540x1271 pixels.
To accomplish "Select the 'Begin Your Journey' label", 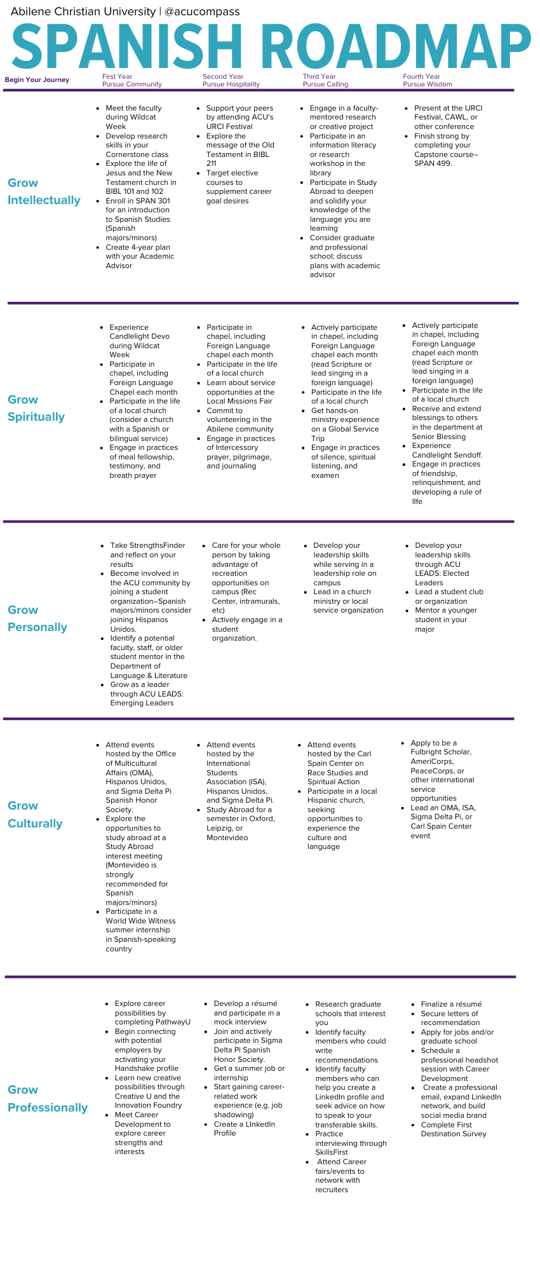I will (37, 79).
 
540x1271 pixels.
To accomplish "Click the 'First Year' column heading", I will (117, 76).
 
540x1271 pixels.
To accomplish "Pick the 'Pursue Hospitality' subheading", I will (231, 84).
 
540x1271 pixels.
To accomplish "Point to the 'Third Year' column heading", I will (319, 76).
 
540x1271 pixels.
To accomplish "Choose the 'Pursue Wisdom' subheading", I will (427, 84).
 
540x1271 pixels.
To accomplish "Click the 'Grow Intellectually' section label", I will (44, 191).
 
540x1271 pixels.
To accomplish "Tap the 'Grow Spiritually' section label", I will (36, 408).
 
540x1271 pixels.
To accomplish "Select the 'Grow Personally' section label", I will (37, 618).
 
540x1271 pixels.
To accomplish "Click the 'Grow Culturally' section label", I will (35, 814).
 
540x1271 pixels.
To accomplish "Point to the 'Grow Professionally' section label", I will (48, 1098).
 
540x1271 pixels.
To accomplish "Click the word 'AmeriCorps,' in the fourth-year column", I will (432, 761).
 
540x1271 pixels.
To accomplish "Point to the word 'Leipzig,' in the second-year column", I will (220, 828).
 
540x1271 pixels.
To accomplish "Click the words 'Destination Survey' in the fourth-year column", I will (453, 1134).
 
